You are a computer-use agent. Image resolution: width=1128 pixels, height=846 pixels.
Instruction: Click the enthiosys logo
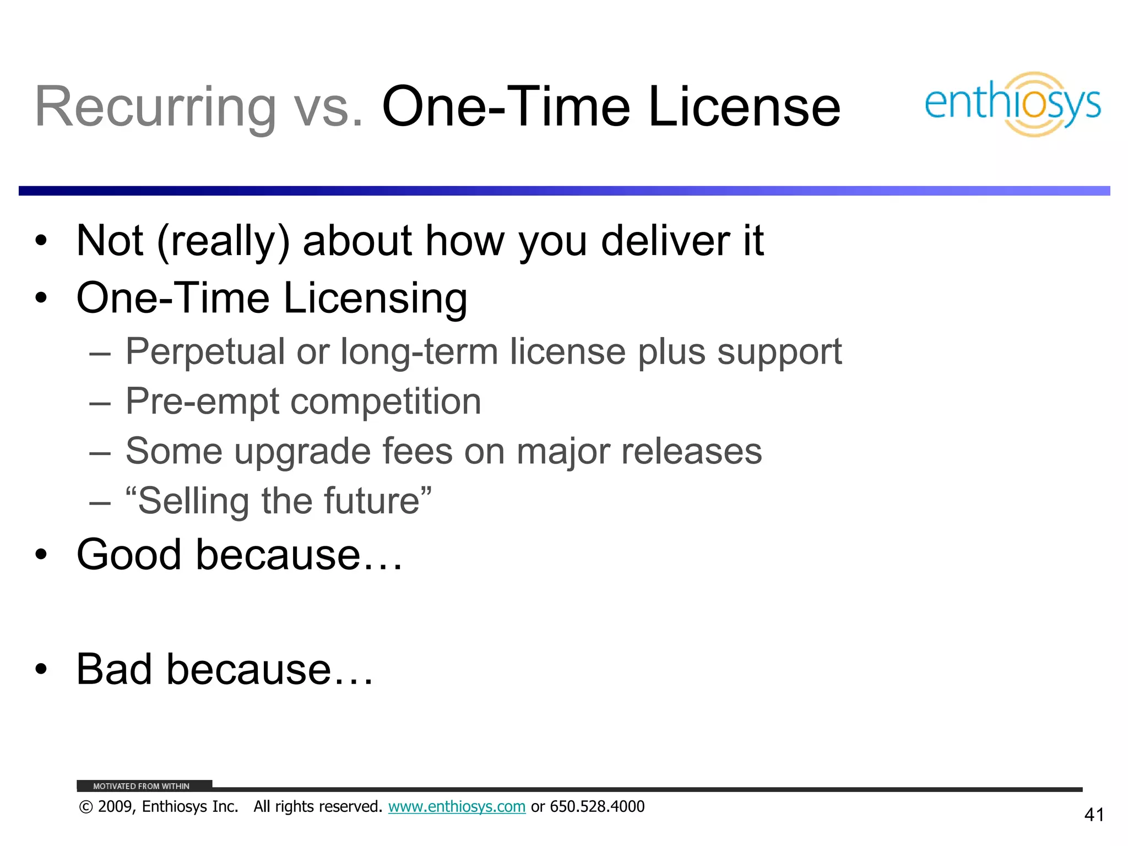tap(1013, 104)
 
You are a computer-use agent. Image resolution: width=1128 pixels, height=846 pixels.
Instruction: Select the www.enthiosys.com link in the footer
tap(457, 806)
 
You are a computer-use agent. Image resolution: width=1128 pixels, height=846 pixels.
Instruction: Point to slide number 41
tap(1094, 815)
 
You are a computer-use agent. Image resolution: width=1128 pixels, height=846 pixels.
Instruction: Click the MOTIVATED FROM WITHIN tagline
tap(141, 786)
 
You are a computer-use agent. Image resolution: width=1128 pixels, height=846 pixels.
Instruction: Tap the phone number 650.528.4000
tap(597, 806)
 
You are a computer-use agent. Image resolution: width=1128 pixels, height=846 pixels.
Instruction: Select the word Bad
tap(114, 669)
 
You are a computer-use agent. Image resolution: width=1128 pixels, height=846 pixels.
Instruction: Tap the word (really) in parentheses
tap(223, 241)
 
